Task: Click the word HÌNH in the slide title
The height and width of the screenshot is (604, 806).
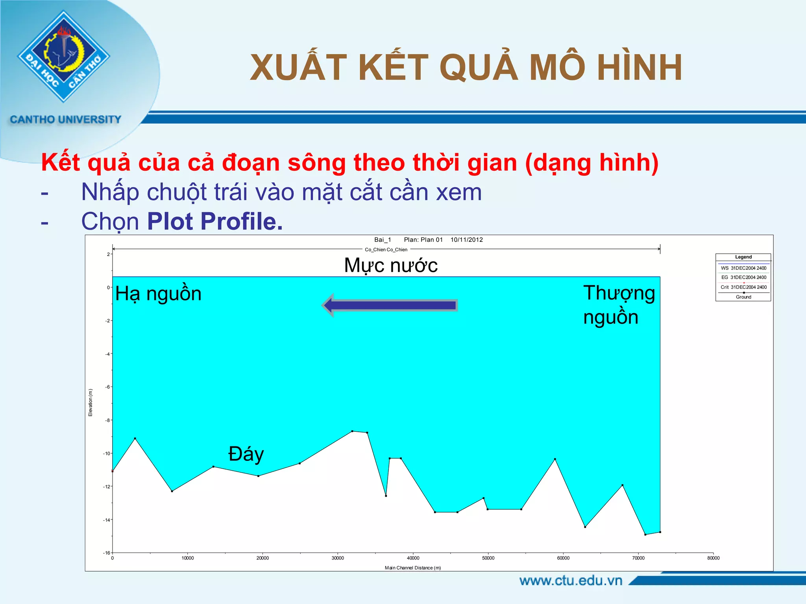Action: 640,68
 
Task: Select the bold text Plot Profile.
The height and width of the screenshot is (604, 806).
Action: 215,221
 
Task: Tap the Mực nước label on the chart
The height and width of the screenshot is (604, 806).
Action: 390,265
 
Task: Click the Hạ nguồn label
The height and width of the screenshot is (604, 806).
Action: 158,294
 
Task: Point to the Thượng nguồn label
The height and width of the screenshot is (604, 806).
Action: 618,305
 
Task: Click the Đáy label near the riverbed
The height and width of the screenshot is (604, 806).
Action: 246,454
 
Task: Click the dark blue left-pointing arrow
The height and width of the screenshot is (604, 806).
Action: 390,305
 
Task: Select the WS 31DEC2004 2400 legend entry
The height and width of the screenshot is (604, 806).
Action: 743,268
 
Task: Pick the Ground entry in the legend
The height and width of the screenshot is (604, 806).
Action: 743,297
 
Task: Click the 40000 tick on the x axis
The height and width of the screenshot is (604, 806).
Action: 413,558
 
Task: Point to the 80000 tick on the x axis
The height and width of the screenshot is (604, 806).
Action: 713,558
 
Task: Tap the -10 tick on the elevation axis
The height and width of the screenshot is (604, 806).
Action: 107,453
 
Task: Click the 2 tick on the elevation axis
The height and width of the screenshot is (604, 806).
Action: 108,254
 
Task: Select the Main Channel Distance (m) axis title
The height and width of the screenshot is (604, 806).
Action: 412,568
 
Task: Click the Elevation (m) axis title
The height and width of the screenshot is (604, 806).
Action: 91,403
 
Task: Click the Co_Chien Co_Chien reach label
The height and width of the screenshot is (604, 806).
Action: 386,250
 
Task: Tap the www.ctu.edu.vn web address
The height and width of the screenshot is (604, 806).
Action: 571,581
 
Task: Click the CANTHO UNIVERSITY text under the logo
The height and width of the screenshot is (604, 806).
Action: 65,120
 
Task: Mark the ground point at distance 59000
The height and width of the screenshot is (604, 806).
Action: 555,459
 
